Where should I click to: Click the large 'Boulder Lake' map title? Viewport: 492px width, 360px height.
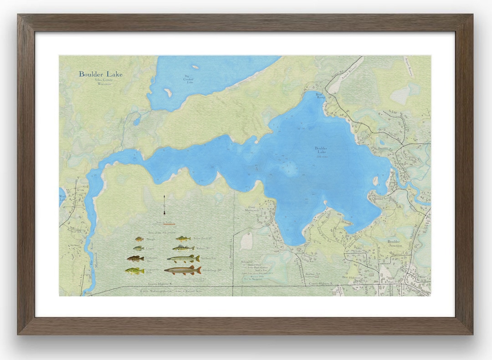point(101,74)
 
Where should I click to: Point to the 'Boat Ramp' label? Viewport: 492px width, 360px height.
point(321,96)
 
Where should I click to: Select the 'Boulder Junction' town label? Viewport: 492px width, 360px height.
point(394,244)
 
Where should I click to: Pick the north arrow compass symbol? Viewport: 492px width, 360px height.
point(164,205)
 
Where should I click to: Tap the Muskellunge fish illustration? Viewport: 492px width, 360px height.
point(183,270)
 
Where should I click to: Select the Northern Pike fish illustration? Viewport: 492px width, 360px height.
point(183,259)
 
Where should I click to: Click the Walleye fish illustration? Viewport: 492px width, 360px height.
point(183,248)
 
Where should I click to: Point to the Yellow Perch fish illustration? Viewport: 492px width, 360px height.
point(183,238)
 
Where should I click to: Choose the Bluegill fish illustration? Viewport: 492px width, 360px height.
point(139,239)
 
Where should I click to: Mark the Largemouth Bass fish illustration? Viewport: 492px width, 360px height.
point(134,271)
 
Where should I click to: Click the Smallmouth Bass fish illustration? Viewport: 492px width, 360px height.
point(135,259)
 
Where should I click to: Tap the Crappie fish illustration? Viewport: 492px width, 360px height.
point(138,248)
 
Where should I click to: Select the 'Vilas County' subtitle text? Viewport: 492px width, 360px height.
point(103,80)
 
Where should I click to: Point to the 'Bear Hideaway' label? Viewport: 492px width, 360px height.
point(351,277)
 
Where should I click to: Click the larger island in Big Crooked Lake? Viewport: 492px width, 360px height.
point(168,92)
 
